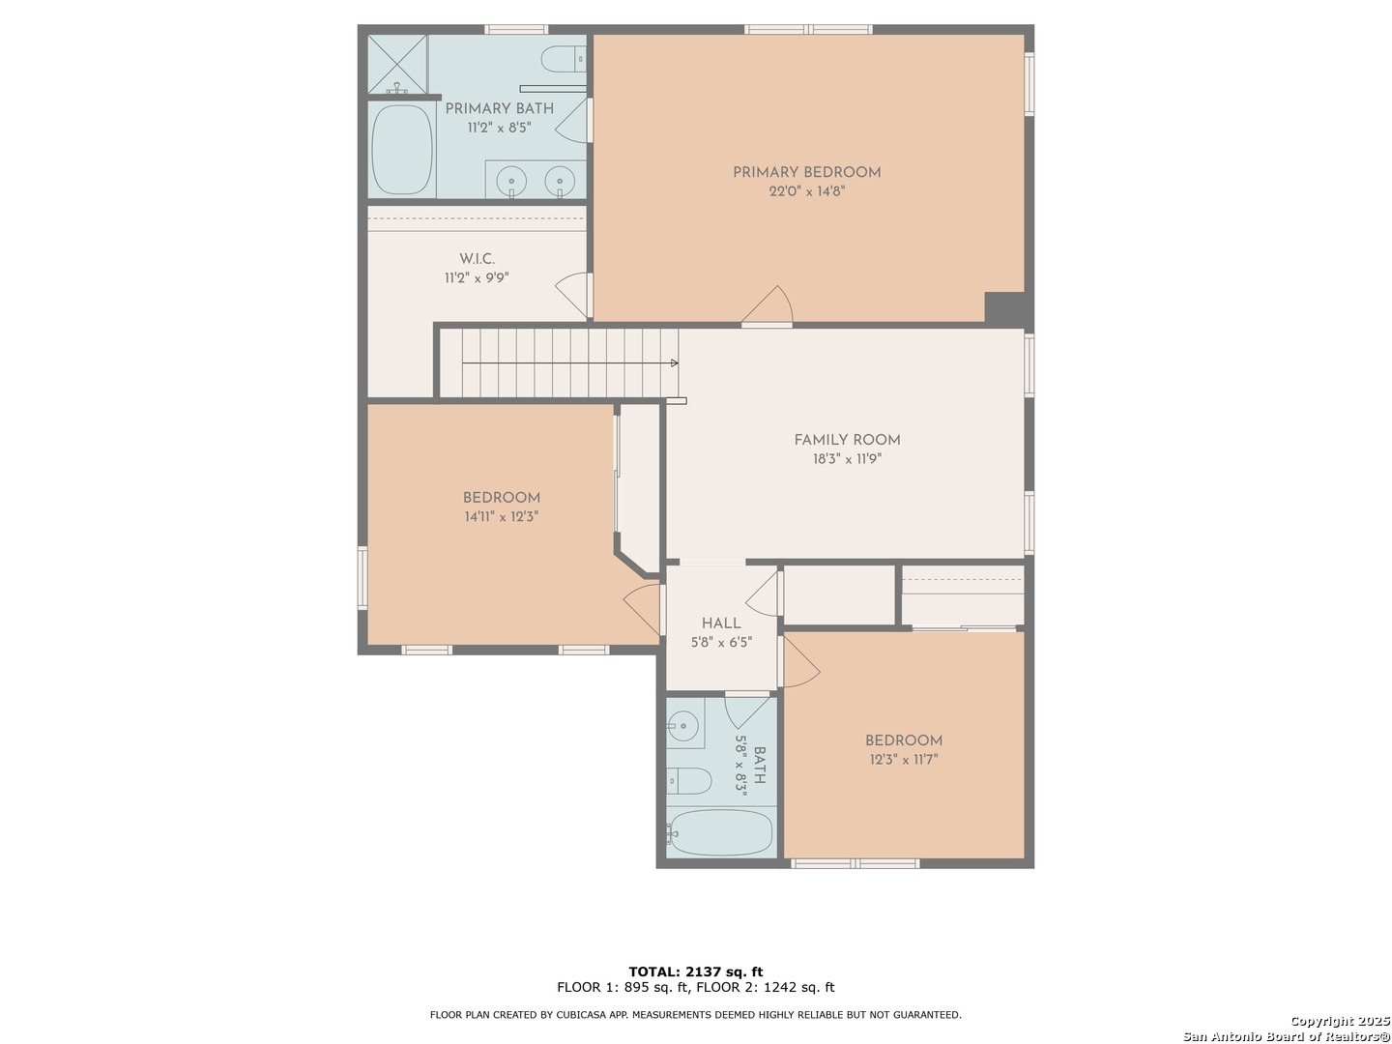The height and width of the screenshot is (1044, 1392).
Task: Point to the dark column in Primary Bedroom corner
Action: click(1004, 307)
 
